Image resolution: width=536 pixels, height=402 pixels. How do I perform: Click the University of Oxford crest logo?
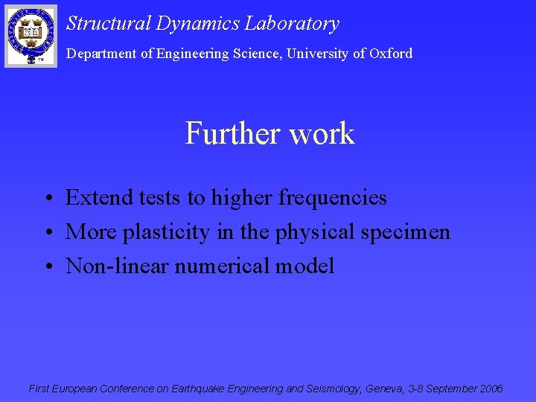[31, 35]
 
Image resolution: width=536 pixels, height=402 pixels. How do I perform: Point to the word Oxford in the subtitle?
[391, 54]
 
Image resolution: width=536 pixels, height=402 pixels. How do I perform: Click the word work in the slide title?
[322, 134]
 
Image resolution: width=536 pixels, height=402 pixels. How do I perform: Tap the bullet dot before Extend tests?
[47, 199]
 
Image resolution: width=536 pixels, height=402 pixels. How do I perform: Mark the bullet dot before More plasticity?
[47, 233]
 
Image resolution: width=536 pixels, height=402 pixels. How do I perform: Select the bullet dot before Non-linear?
[47, 267]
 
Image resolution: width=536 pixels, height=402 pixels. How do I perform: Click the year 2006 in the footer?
[491, 389]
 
